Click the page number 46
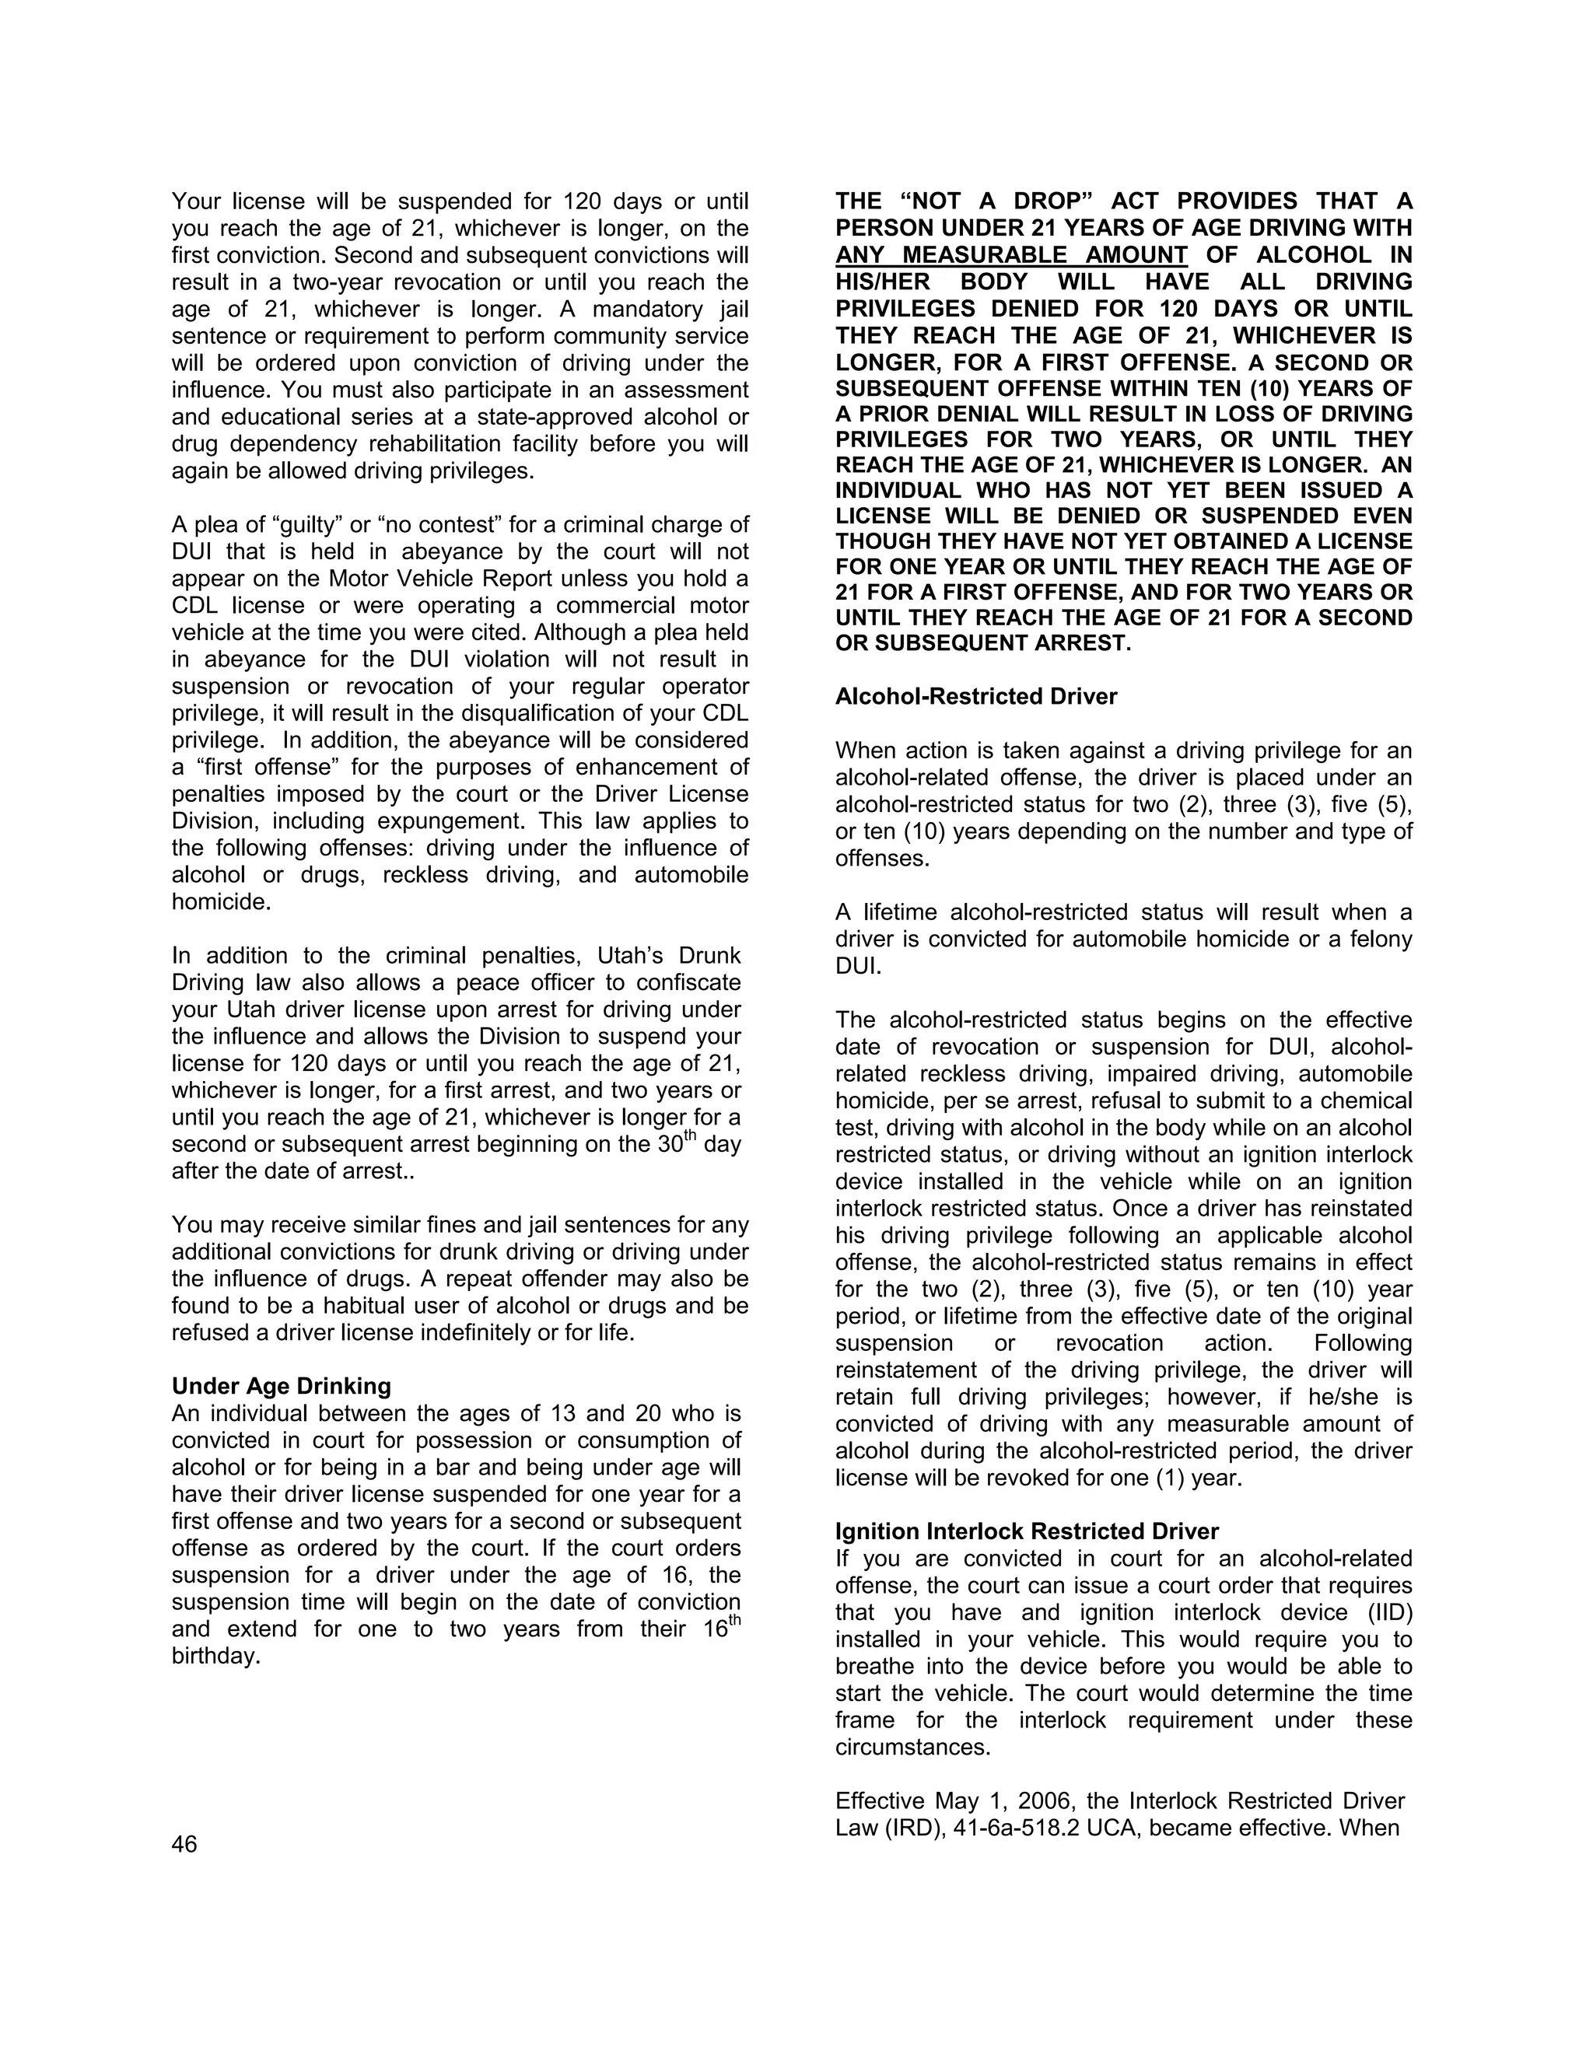(x=184, y=1844)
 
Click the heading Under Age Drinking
(x=282, y=1386)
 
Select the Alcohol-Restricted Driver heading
(x=976, y=696)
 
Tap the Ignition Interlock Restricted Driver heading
(x=1027, y=1531)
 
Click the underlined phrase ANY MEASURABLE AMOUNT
(x=1010, y=255)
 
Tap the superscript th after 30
(x=689, y=1136)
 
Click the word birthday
(x=215, y=1656)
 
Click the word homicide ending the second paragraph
(x=221, y=901)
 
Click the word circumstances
(x=912, y=1747)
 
